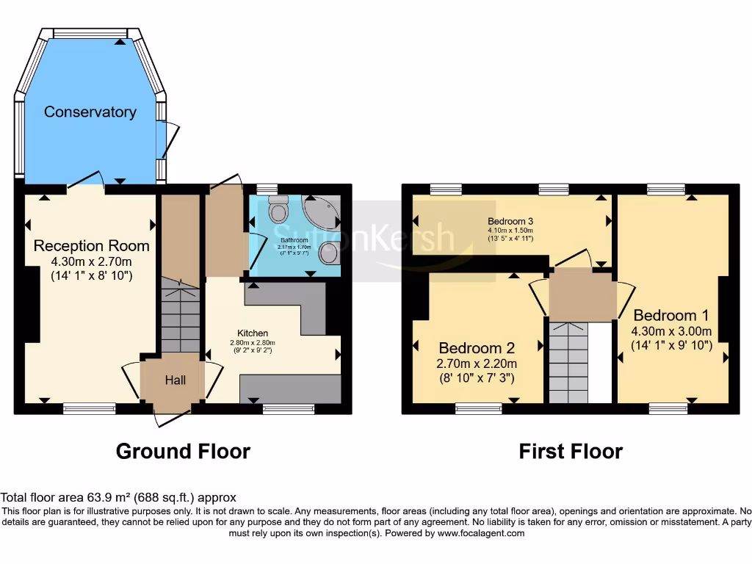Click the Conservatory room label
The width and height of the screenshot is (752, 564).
90,112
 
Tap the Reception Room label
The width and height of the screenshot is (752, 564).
91,246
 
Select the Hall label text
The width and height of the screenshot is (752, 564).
175,380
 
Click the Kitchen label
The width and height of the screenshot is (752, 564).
252,333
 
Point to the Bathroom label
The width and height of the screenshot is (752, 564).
293,239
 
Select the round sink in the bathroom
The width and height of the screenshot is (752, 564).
328,253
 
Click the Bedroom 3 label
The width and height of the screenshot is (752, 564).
510,221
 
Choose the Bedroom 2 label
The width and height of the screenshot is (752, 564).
477,348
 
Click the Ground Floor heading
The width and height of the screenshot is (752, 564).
183,451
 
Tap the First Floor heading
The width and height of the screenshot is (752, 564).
571,451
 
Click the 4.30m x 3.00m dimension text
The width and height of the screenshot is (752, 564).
671,330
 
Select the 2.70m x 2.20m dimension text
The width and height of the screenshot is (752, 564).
477,364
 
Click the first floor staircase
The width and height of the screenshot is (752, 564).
568,364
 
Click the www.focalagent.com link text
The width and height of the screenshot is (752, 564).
480,533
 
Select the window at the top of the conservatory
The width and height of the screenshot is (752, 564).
90,33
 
